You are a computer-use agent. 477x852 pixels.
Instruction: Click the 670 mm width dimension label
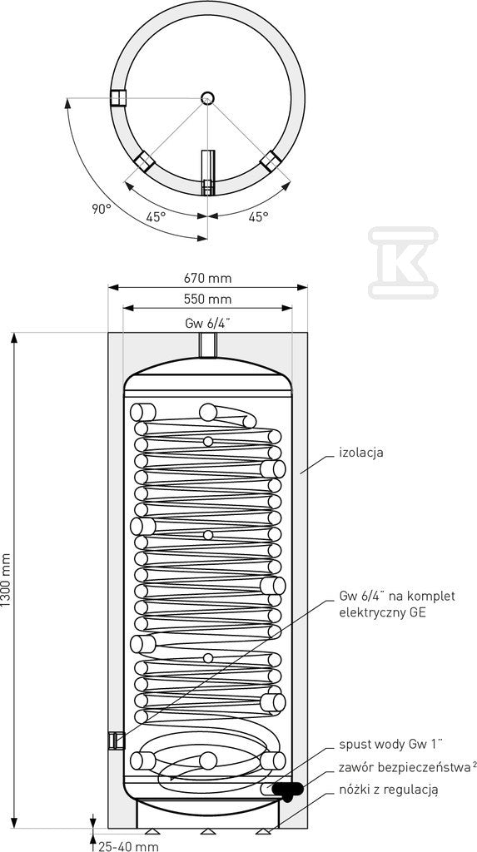tap(207, 278)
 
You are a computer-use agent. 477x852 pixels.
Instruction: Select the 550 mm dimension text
tap(207, 299)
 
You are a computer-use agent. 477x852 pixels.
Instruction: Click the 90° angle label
tap(102, 209)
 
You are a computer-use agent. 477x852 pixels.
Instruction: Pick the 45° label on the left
tap(156, 217)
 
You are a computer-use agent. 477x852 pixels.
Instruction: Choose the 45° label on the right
tap(258, 217)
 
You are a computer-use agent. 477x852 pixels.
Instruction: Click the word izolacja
tap(361, 452)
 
